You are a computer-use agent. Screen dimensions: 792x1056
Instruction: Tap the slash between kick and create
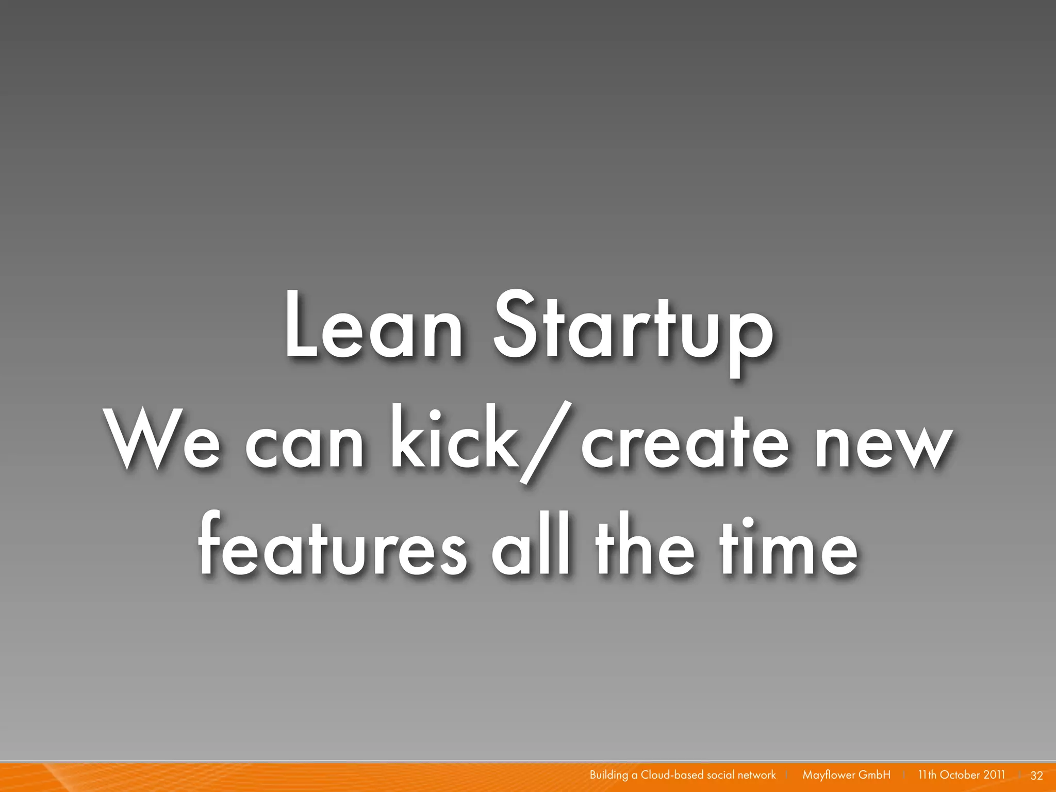point(548,442)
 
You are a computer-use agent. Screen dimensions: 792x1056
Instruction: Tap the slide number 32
point(1036,775)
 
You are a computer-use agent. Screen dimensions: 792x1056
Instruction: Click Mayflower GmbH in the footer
point(846,775)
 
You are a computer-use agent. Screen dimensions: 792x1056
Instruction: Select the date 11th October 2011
point(961,775)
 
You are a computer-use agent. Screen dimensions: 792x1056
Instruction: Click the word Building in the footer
point(608,775)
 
